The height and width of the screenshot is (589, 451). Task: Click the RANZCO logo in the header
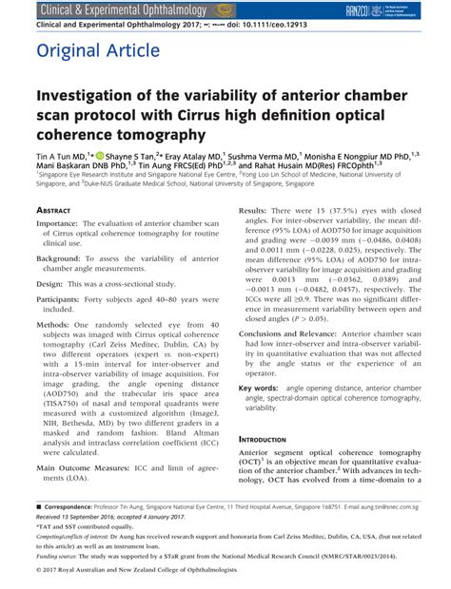(383, 9)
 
